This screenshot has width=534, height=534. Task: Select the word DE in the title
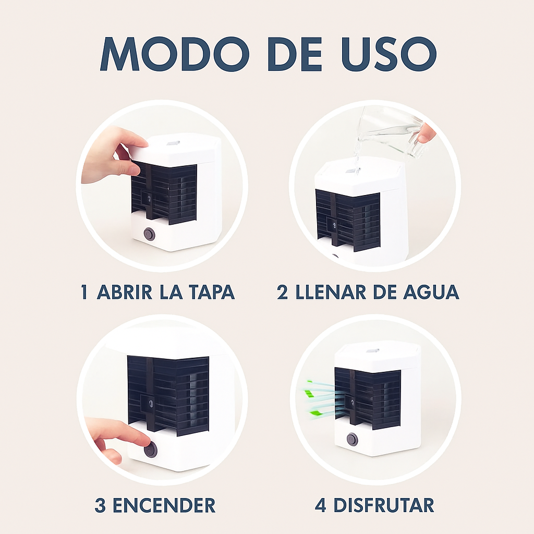(288, 53)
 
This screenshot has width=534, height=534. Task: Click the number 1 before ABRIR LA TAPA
(84, 293)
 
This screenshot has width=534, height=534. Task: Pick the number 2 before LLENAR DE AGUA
(282, 293)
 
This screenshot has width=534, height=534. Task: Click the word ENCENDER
(164, 505)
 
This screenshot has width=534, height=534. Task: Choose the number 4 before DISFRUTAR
(321, 505)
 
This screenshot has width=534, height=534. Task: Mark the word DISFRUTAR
(383, 505)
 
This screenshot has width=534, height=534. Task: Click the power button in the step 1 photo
(150, 234)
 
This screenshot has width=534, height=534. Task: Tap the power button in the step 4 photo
(352, 439)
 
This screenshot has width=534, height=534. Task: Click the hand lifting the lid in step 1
(112, 154)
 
